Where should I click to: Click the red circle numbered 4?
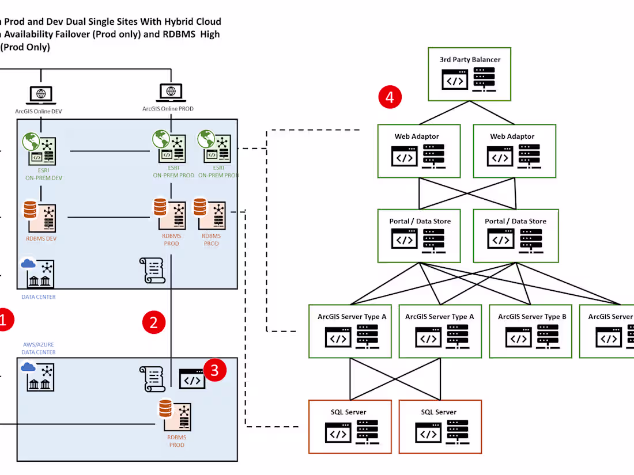(390, 97)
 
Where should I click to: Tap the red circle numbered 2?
(153, 322)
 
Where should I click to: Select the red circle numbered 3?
(214, 371)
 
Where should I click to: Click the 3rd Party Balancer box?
(470, 74)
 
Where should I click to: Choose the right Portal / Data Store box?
(514, 235)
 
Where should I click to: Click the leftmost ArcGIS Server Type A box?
(352, 331)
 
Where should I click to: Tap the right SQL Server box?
(439, 427)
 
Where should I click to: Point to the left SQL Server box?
(349, 427)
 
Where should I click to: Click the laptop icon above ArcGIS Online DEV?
(40, 94)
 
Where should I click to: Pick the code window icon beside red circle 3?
(192, 379)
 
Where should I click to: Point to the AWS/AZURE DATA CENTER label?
(38, 348)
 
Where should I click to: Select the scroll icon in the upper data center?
(152, 271)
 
